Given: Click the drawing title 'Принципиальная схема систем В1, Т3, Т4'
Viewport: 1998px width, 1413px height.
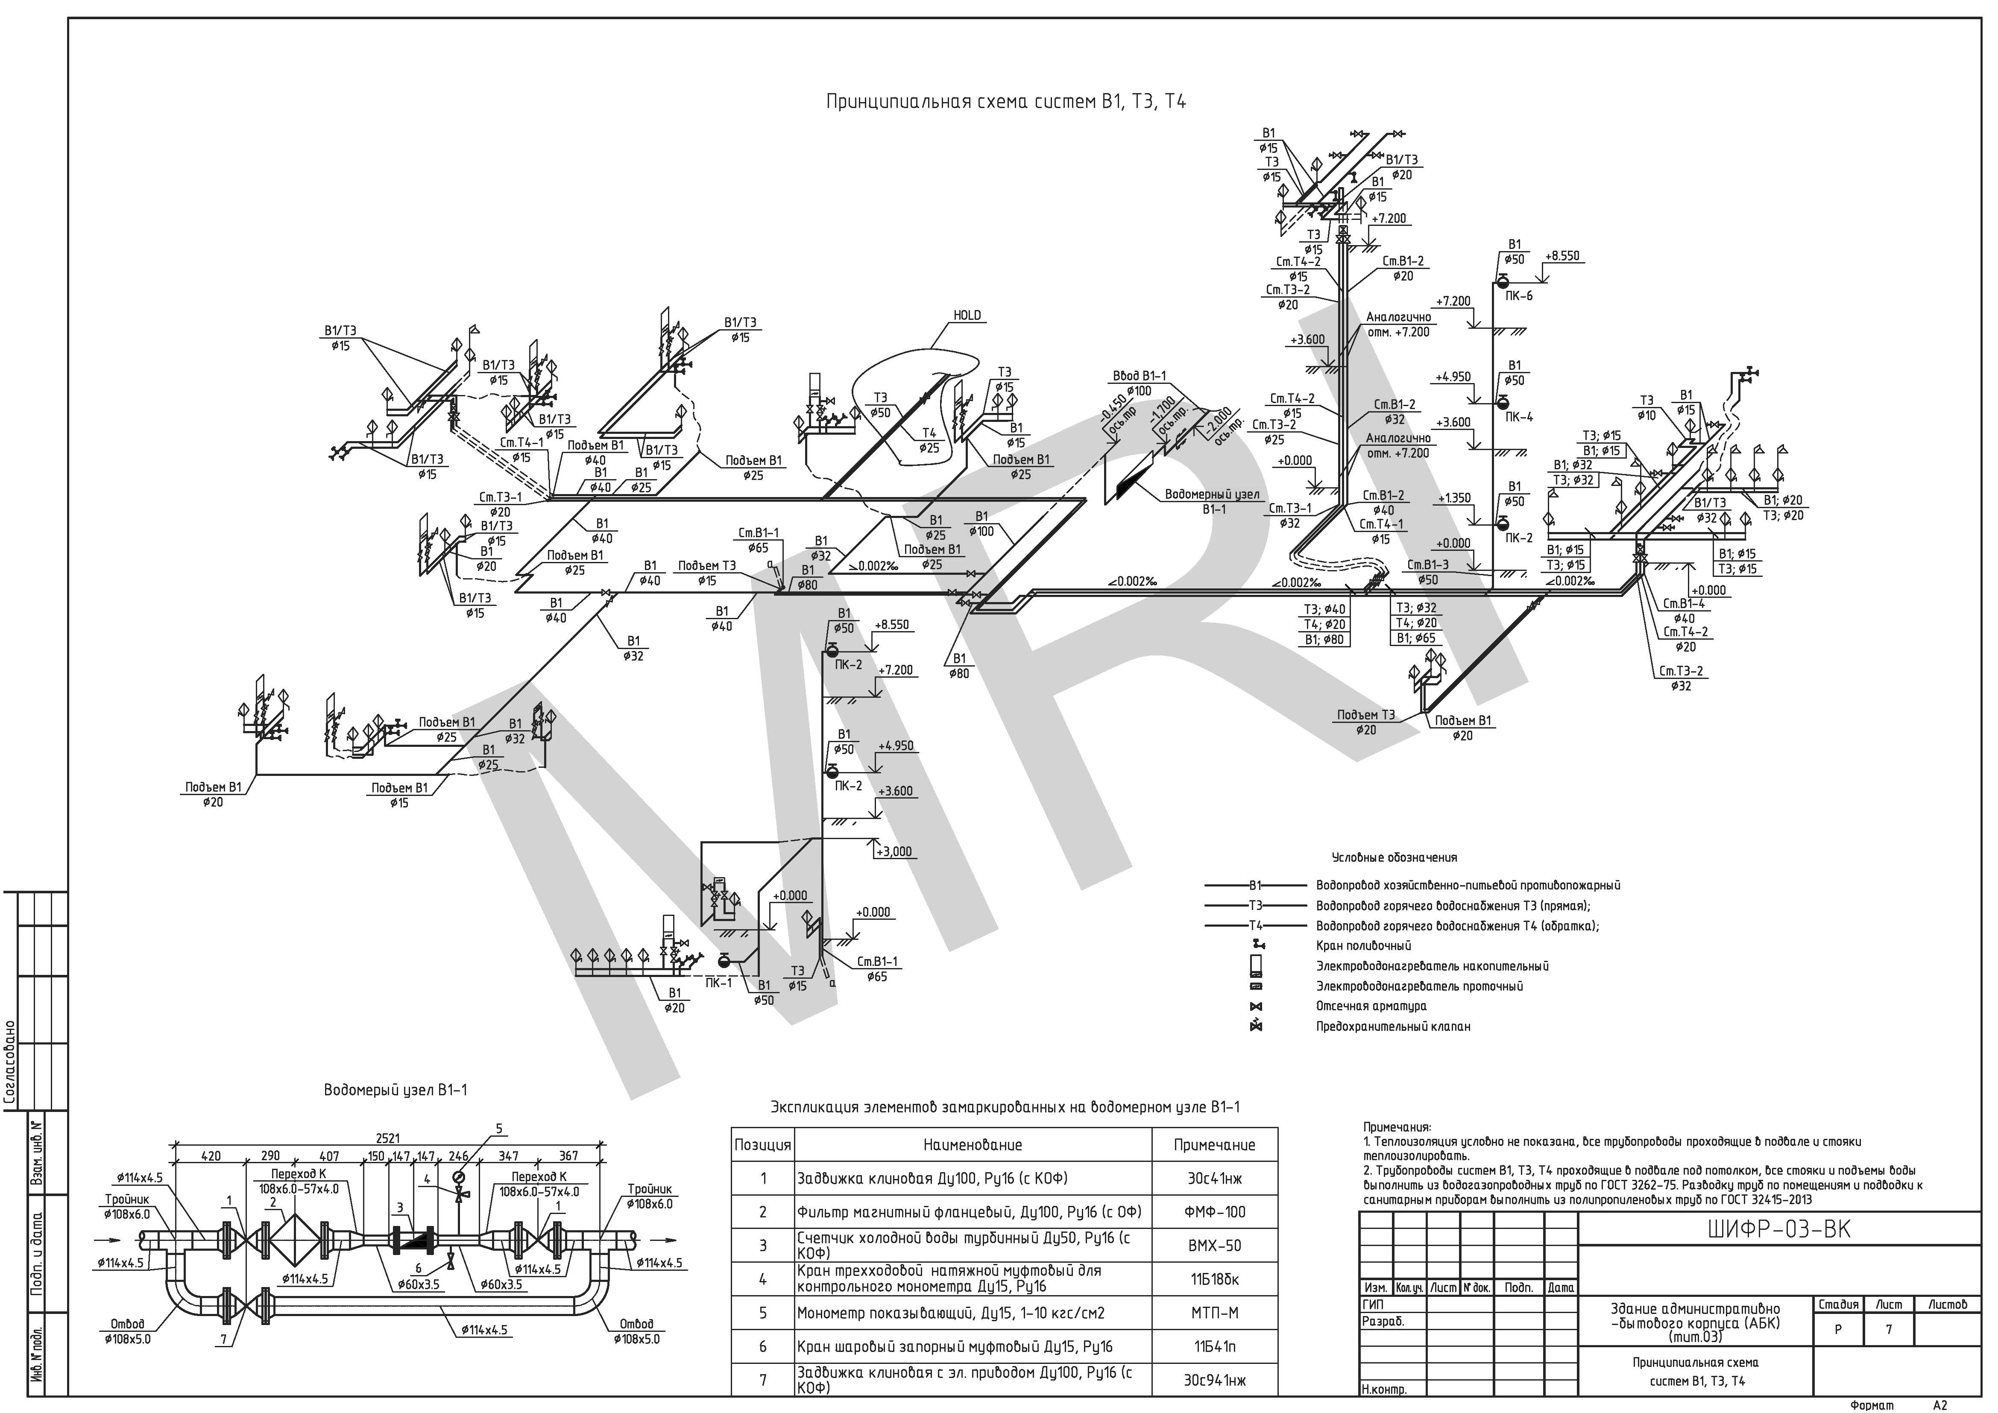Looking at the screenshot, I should click(x=1005, y=102).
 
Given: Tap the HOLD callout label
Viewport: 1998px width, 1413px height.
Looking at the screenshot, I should click(x=967, y=316).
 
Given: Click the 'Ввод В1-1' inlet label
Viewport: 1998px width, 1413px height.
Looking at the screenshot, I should click(x=1139, y=376).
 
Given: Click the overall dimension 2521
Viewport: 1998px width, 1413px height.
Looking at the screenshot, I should click(x=388, y=1138).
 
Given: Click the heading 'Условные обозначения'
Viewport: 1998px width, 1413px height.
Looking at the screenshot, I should click(x=1394, y=858).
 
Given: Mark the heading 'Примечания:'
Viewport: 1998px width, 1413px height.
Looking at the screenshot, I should click(x=1397, y=1127).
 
